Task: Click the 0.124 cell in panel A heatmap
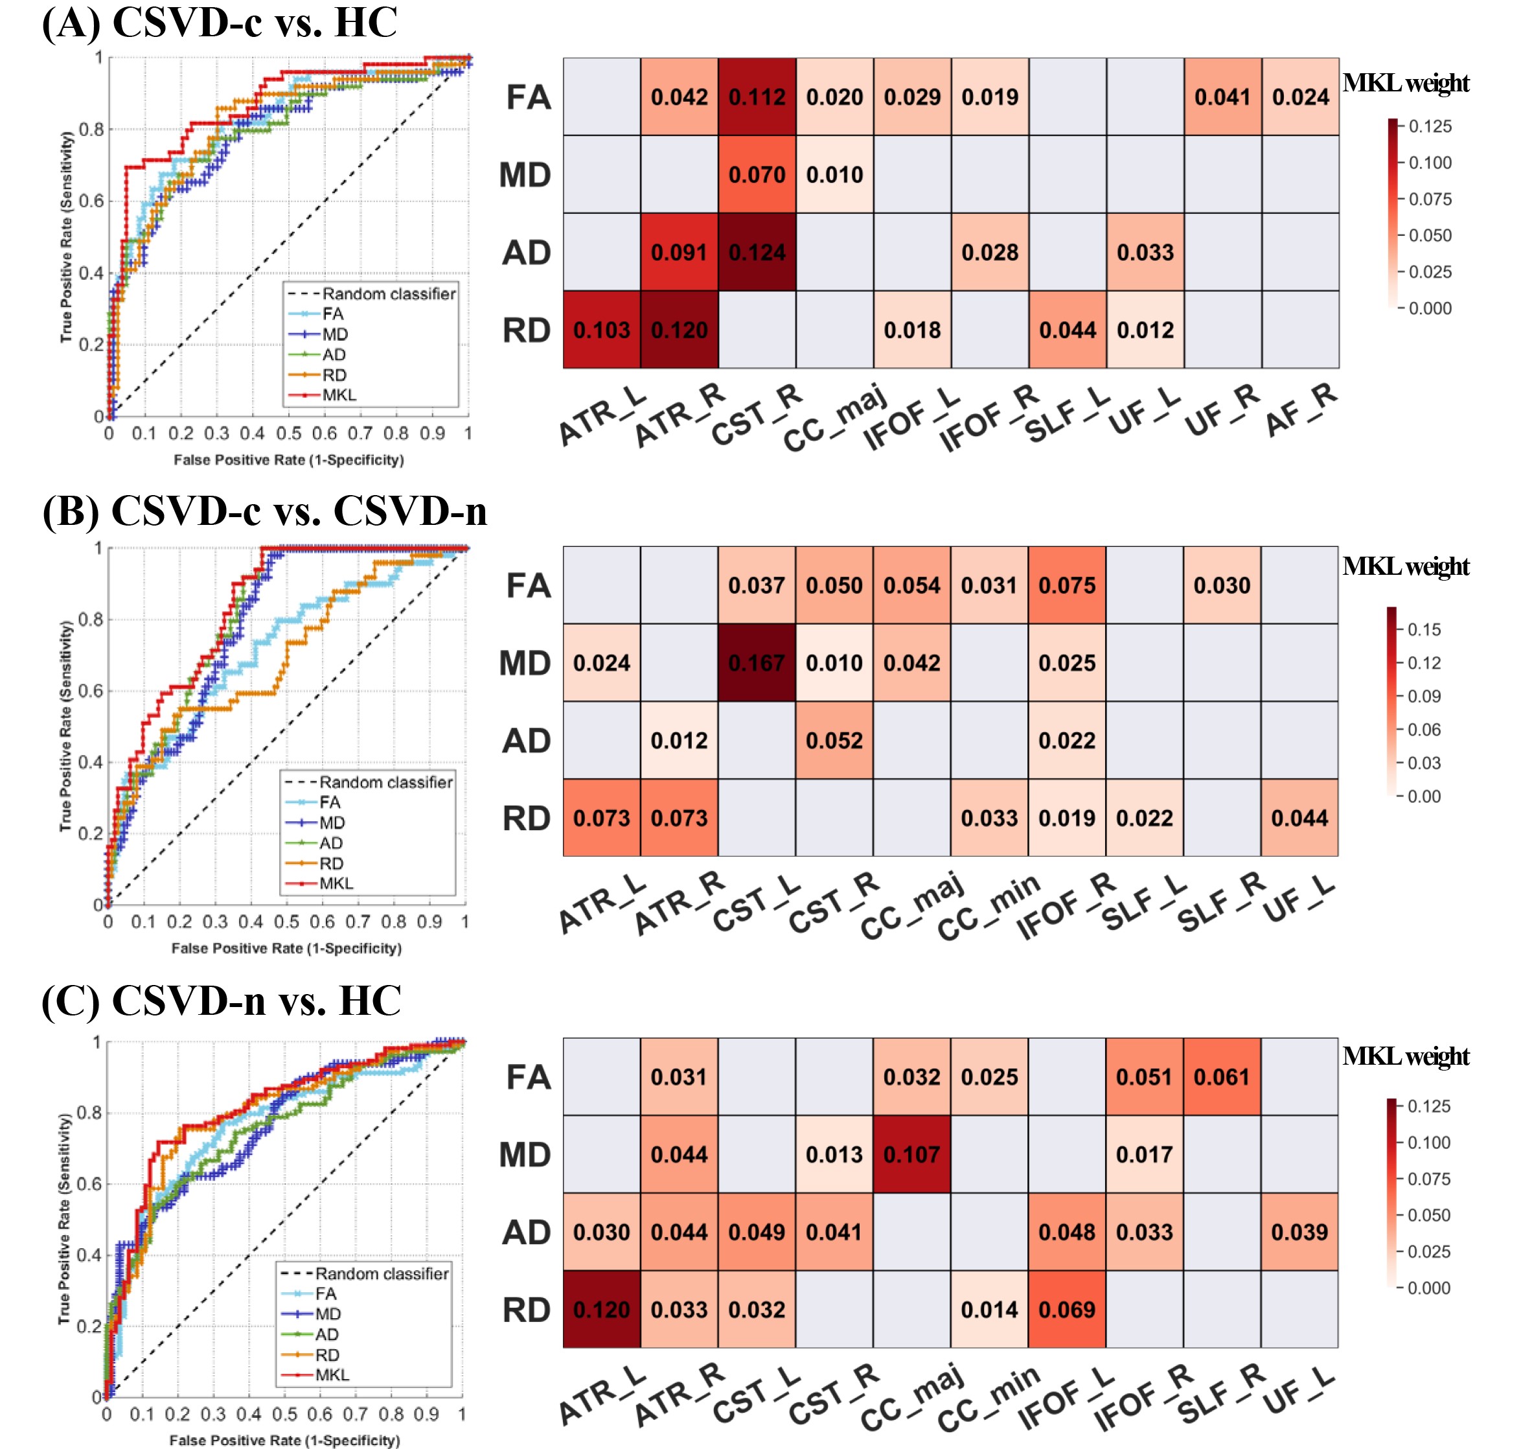click(757, 253)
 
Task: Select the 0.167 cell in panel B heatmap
click(757, 663)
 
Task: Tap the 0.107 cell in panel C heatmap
click(912, 1154)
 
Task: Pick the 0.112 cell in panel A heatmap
click(757, 97)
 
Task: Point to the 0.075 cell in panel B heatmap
click(1067, 585)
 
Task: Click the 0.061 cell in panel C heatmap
click(1222, 1077)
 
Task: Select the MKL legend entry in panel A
click(339, 395)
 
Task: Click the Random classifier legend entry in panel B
click(385, 782)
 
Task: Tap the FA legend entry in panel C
click(326, 1293)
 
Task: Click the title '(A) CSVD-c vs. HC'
click(220, 23)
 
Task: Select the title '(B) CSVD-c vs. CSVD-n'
click(265, 511)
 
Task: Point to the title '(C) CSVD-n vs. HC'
click(222, 1001)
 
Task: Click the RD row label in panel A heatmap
click(527, 330)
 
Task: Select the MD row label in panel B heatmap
click(525, 664)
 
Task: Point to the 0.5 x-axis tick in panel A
click(289, 434)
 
